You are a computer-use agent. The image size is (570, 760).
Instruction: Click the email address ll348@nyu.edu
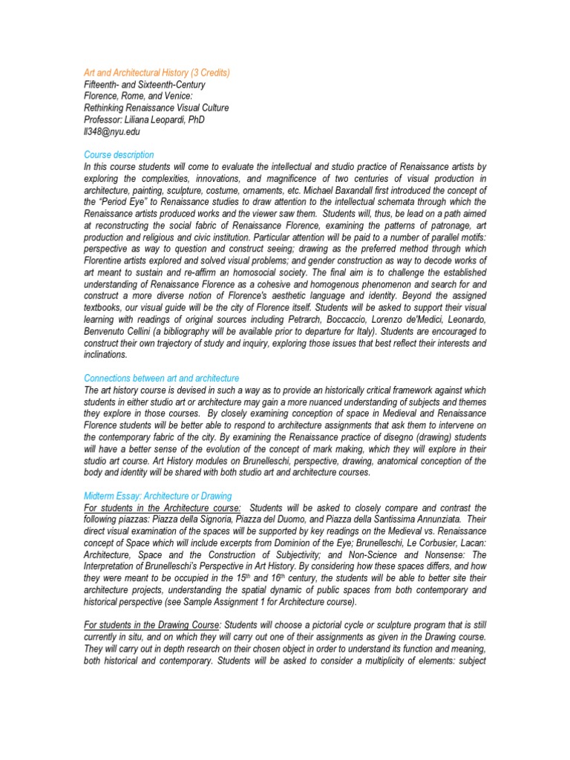111,132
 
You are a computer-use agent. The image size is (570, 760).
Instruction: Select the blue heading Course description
119,155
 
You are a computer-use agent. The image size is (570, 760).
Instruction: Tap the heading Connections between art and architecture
161,379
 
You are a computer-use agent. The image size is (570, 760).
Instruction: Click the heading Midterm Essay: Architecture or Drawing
157,496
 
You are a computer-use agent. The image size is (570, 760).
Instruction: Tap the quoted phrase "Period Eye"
128,203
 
